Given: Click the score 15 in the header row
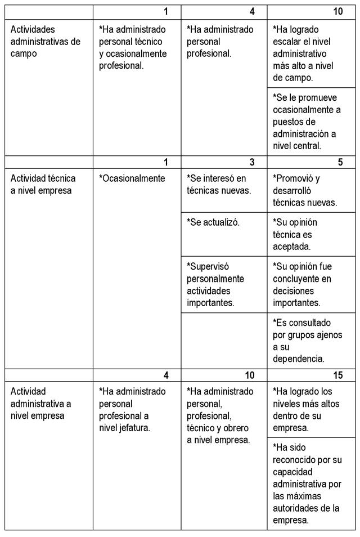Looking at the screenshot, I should pyautogui.click(x=337, y=375).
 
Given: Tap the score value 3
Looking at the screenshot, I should pyautogui.click(x=252, y=162).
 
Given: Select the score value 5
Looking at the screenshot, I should pyautogui.click(x=340, y=162).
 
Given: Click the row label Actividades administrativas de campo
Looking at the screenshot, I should pyautogui.click(x=46, y=41).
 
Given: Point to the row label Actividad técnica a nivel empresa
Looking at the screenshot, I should pyautogui.click(x=43, y=184).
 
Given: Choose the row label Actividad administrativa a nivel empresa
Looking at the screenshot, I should pyautogui.click(x=41, y=404).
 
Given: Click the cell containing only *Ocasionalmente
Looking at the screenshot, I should pyautogui.click(x=132, y=178).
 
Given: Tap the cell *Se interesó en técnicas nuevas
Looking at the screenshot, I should pyautogui.click(x=217, y=184).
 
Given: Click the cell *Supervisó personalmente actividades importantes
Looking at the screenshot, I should pyautogui.click(x=215, y=284).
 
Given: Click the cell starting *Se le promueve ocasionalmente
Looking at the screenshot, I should pyautogui.click(x=307, y=121).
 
